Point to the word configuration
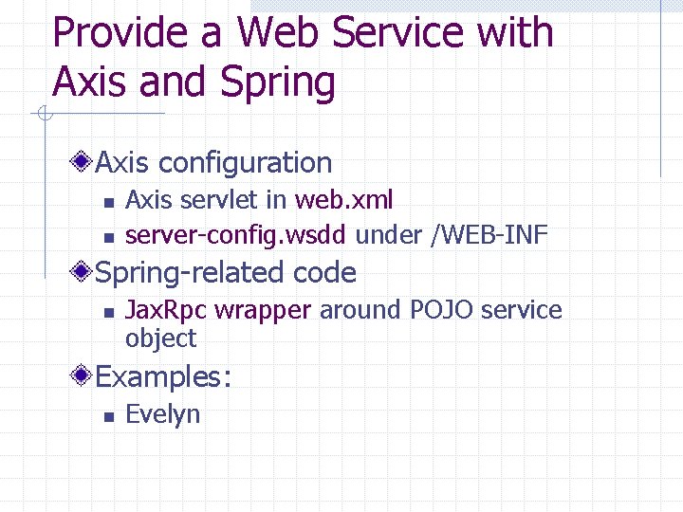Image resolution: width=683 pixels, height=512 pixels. [x=245, y=163]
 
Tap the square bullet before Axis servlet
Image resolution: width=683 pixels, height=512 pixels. [x=108, y=202]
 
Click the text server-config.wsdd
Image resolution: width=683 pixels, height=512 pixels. [x=236, y=235]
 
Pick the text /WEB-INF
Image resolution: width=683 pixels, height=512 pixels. [x=489, y=235]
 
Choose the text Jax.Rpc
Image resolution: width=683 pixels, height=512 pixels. [x=166, y=310]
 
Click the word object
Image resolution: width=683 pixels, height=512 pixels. [x=160, y=338]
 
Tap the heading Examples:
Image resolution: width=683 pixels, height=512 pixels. [x=163, y=377]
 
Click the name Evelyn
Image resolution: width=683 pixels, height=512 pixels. [x=162, y=414]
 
